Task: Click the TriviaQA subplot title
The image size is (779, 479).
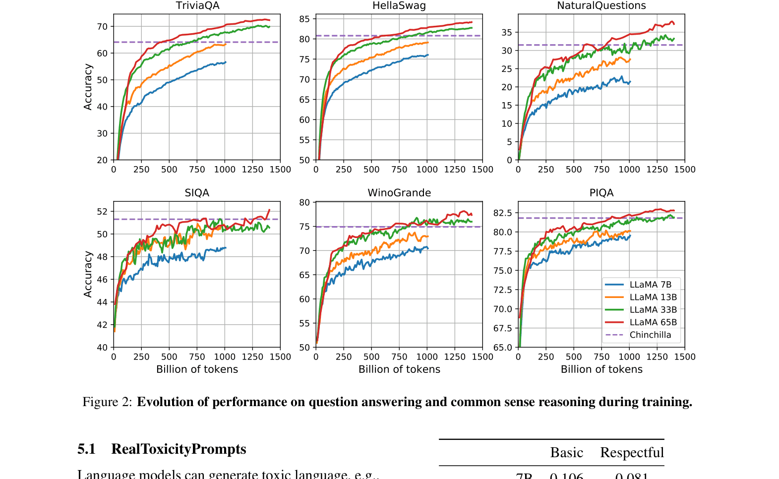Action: tap(197, 6)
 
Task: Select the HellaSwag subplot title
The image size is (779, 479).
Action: tap(399, 6)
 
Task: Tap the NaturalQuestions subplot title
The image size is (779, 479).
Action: tap(601, 6)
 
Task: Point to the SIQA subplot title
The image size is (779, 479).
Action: tap(197, 193)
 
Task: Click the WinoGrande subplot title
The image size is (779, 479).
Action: tap(399, 193)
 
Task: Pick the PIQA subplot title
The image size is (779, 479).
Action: tap(601, 193)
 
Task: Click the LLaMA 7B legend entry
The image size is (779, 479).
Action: tap(650, 285)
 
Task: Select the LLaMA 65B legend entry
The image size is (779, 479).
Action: tap(653, 322)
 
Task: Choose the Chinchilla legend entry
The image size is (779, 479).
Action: tap(650, 335)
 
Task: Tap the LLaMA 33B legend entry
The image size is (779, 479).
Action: tap(653, 310)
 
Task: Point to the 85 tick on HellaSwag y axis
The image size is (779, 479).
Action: tap(304, 19)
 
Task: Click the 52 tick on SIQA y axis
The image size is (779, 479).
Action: tap(102, 212)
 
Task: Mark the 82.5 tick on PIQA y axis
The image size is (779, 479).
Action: tap(502, 213)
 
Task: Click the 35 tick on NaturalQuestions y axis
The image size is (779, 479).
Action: tap(506, 33)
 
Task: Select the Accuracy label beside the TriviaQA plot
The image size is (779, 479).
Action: tap(88, 87)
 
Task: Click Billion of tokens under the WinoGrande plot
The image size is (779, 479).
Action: tap(399, 369)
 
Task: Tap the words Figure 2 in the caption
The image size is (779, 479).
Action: tap(107, 402)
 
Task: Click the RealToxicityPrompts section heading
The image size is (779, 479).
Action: tap(179, 449)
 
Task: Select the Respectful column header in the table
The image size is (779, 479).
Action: tap(632, 453)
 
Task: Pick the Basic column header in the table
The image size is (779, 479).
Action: tap(566, 453)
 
